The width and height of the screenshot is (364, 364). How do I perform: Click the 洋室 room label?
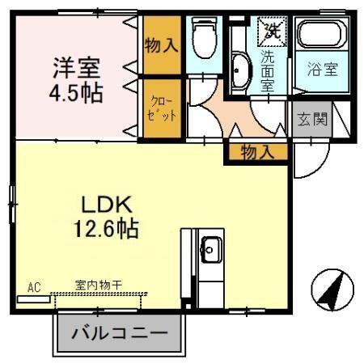[x=77, y=65]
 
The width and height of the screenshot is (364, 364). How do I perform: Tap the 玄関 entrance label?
[x=312, y=121]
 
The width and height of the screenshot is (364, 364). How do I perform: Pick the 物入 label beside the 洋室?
[x=161, y=44]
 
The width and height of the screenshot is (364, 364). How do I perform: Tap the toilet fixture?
[x=204, y=40]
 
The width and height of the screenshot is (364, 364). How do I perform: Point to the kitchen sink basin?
[x=212, y=249]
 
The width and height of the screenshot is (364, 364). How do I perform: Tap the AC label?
[x=34, y=287]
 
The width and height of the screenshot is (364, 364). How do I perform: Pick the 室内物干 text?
[x=99, y=285]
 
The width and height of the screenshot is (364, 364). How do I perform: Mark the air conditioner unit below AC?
[x=33, y=298]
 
